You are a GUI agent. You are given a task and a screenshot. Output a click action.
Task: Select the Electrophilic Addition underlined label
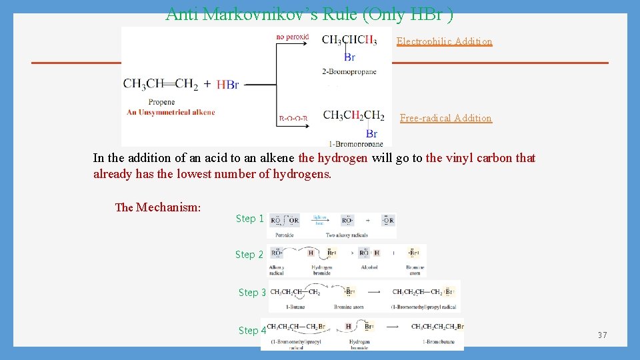pos(444,41)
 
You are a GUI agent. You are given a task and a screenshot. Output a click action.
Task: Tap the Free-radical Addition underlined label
pos(445,118)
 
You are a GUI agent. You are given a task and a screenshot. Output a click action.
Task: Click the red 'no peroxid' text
pos(292,36)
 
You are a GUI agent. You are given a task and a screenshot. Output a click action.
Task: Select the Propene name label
pos(161,102)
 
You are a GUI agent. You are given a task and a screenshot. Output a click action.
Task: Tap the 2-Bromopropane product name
pos(349,71)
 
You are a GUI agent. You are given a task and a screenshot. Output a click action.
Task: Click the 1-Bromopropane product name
pos(356,143)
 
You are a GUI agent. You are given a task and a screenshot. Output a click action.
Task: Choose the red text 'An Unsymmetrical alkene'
pos(171,112)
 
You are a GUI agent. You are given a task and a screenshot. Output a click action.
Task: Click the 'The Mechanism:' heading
pos(158,207)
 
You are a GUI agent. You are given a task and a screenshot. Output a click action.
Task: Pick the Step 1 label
pos(250,219)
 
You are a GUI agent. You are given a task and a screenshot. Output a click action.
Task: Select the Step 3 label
pos(253,293)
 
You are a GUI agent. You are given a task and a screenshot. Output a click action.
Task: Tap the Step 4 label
pos(253,331)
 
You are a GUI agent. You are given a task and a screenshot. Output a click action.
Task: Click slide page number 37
pos(602,335)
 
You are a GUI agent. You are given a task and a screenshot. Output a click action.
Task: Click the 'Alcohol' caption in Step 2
pos(369,267)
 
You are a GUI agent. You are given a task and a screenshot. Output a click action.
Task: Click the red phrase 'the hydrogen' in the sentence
pos(333,159)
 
